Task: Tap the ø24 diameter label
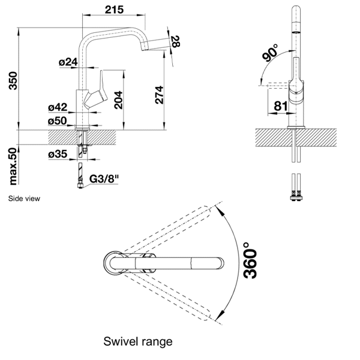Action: point(68,62)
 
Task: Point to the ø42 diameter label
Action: point(58,108)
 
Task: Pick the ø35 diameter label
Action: point(58,154)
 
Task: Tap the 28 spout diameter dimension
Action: point(175,41)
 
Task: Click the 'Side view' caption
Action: point(25,197)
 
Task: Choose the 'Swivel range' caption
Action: point(138,341)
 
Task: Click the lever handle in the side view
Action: point(97,93)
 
